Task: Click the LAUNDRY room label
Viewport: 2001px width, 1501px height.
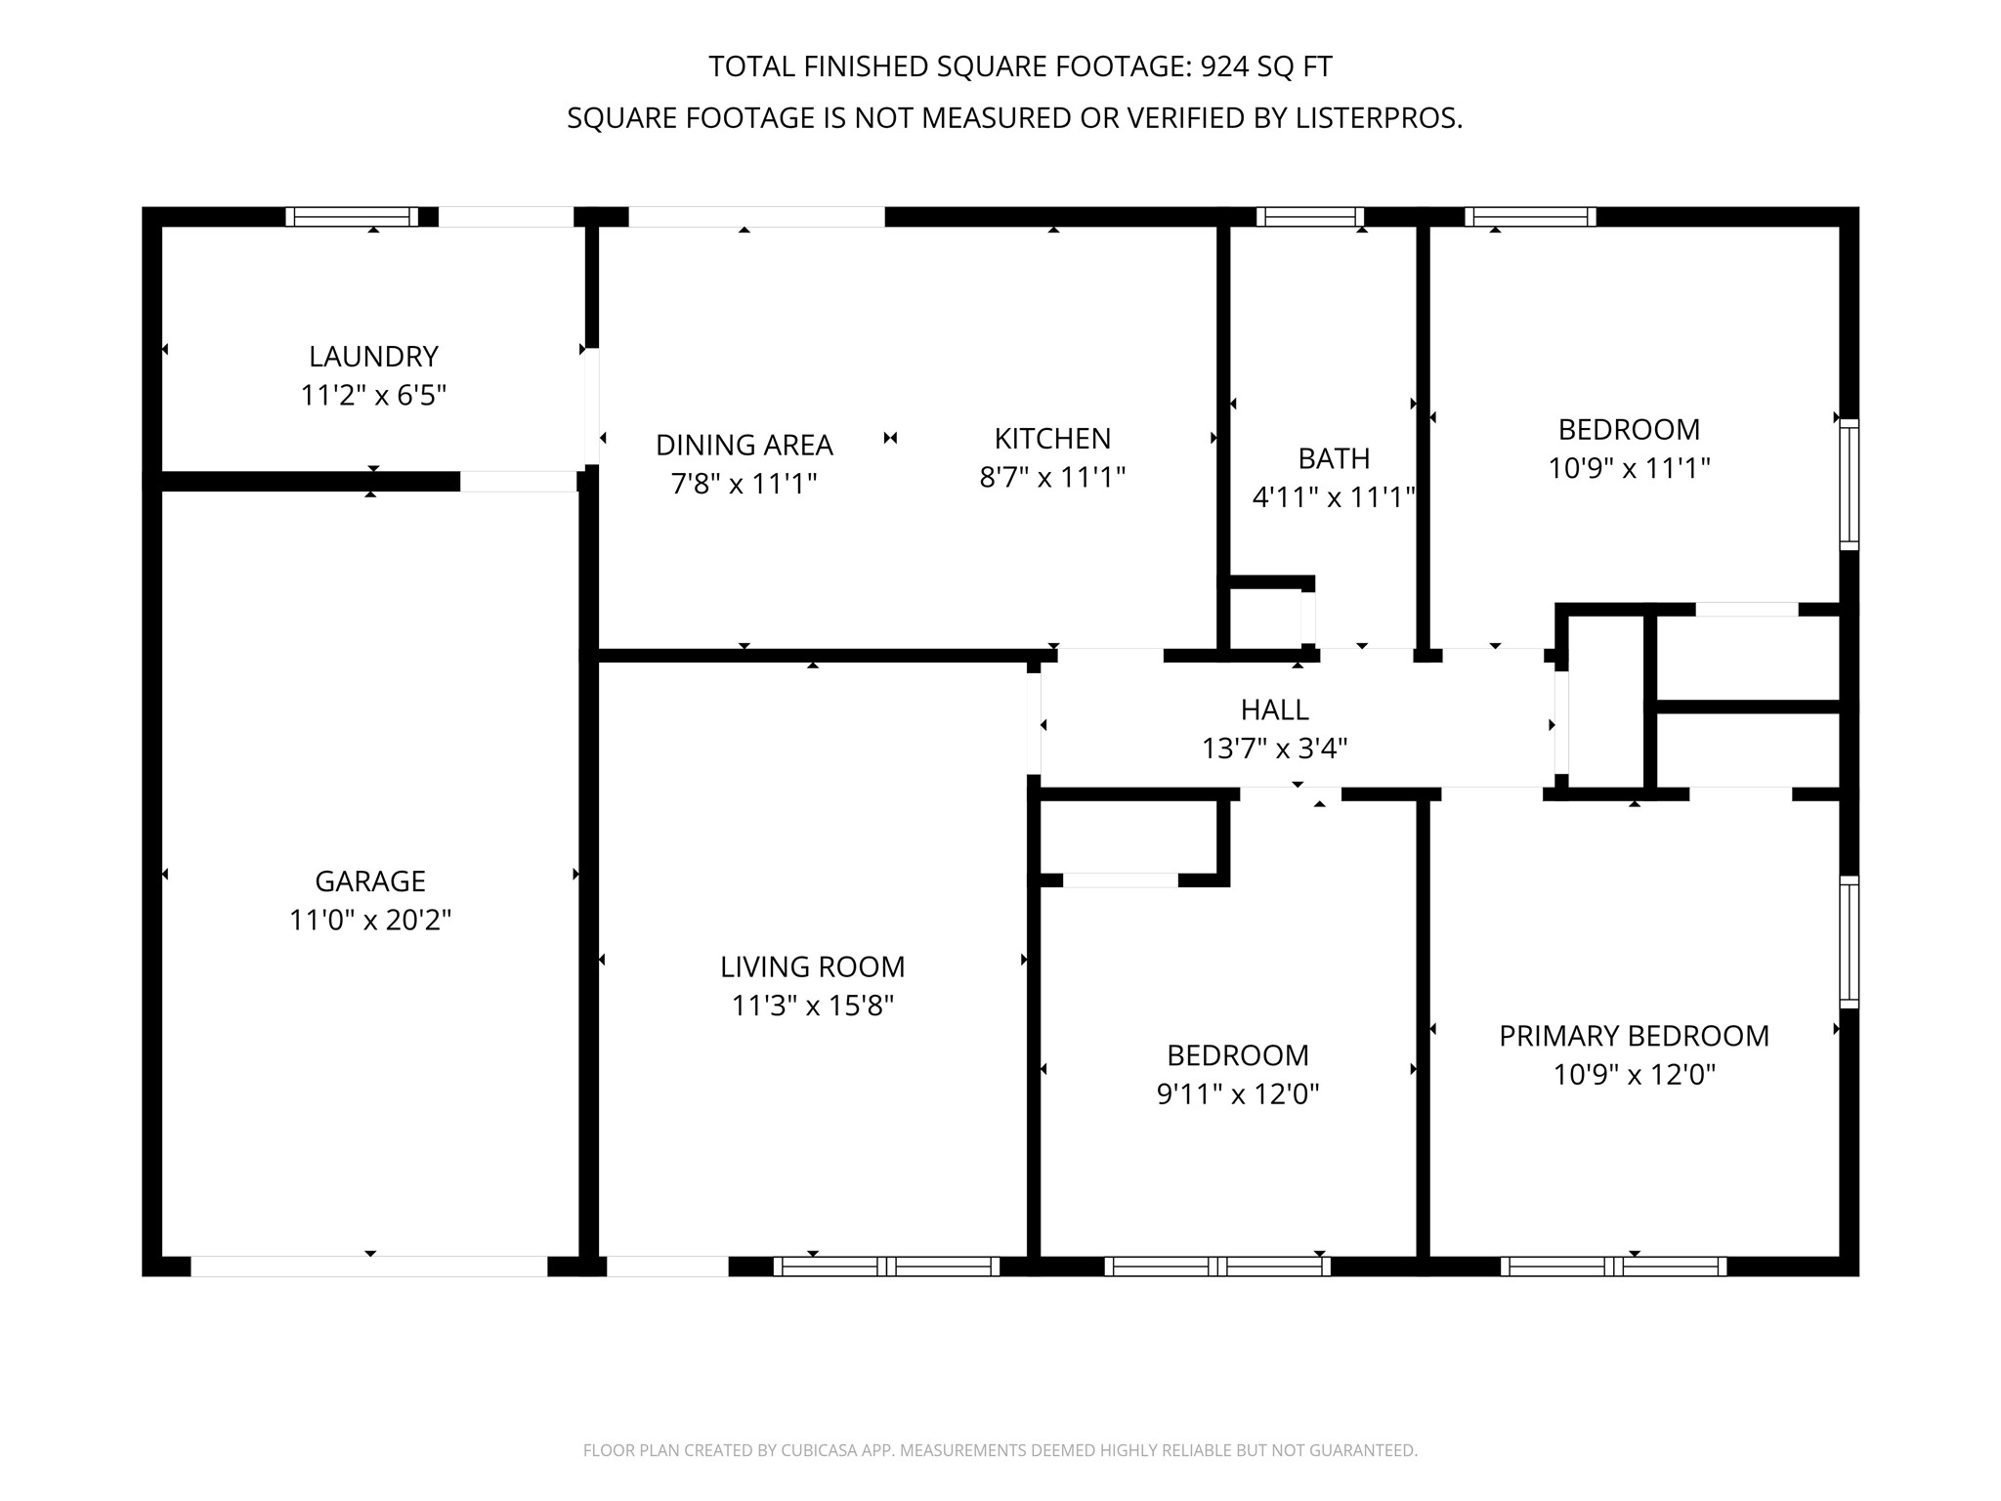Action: coord(373,356)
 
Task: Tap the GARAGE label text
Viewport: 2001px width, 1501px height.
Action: coord(370,881)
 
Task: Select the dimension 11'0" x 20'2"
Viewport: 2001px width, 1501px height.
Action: coord(370,921)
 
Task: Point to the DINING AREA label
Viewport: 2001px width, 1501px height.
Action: coord(745,445)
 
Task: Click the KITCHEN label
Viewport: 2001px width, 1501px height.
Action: coord(1053,438)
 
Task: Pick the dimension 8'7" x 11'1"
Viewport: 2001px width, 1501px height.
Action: coord(1053,478)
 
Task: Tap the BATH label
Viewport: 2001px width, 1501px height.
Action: coord(1334,458)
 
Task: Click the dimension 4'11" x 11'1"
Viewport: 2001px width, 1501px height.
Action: coord(1334,498)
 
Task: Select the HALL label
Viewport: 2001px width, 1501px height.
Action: coord(1275,709)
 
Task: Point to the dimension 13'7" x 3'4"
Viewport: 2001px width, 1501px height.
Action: coord(1275,749)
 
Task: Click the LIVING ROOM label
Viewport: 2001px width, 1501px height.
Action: coord(813,966)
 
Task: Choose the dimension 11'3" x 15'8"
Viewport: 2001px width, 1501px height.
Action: coord(813,1006)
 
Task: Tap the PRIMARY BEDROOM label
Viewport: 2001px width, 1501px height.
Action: coord(1635,1036)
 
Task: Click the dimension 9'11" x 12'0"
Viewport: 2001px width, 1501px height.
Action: coord(1238,1094)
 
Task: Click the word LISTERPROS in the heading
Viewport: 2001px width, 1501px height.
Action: coord(1379,118)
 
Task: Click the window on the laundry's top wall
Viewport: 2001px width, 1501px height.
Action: coord(352,217)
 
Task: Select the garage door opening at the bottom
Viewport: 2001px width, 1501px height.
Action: coord(369,1266)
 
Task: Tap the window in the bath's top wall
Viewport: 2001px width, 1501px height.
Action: coord(1310,217)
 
